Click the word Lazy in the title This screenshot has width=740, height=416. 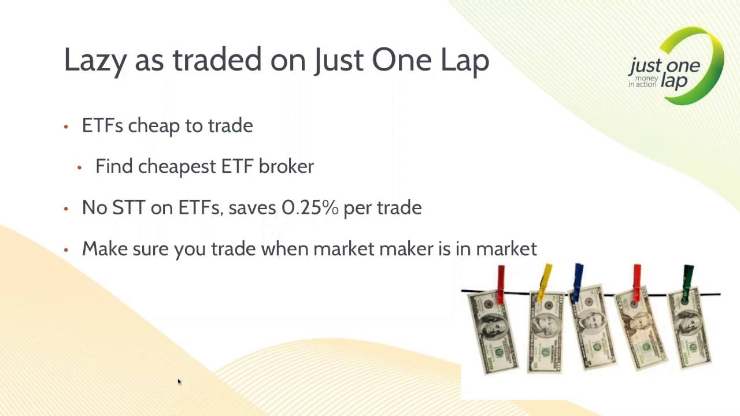(x=95, y=60)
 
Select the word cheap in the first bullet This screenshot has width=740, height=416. (x=153, y=125)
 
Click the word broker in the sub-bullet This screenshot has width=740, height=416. (x=286, y=166)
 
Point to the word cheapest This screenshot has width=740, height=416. (x=177, y=166)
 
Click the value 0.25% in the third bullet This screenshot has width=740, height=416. (x=310, y=207)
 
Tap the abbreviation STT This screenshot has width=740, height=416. (x=129, y=207)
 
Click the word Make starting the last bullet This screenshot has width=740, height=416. (x=105, y=249)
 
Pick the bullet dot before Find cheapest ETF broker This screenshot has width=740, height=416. (x=80, y=168)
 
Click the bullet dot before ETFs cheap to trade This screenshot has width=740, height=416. (x=66, y=127)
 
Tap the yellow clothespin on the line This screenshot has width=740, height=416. (x=545, y=281)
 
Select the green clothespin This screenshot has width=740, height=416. (x=688, y=282)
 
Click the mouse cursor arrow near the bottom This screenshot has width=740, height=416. (x=179, y=381)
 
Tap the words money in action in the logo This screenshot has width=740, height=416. (x=643, y=81)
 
